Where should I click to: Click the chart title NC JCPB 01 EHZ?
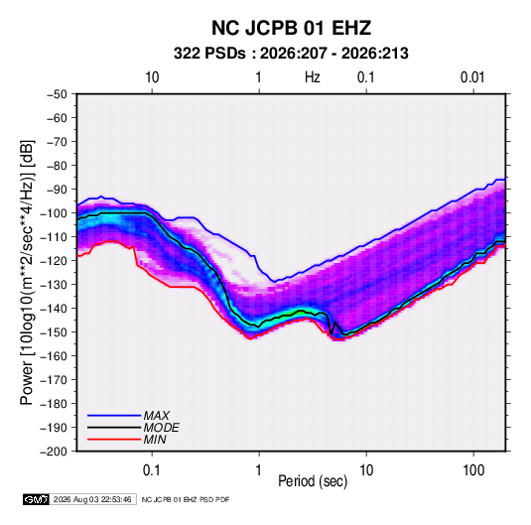(291, 28)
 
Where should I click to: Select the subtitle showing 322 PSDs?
(291, 54)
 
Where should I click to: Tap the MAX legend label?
(157, 415)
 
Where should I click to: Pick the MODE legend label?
(161, 428)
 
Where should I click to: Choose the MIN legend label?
(155, 440)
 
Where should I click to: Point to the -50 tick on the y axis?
(57, 94)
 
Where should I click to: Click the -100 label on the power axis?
(54, 213)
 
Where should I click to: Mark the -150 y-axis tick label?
(54, 332)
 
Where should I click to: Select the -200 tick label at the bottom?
(54, 452)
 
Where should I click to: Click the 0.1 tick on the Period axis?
(152, 470)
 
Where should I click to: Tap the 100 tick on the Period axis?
(473, 470)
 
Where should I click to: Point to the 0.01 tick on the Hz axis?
(472, 77)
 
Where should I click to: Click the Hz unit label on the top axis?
(313, 77)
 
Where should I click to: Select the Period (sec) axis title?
(313, 481)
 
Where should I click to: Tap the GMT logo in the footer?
(36, 499)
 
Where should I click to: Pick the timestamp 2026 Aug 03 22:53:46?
(92, 499)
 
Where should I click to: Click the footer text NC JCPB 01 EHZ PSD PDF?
(186, 499)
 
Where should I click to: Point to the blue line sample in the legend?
(114, 415)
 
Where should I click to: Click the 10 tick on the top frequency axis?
(152, 77)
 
